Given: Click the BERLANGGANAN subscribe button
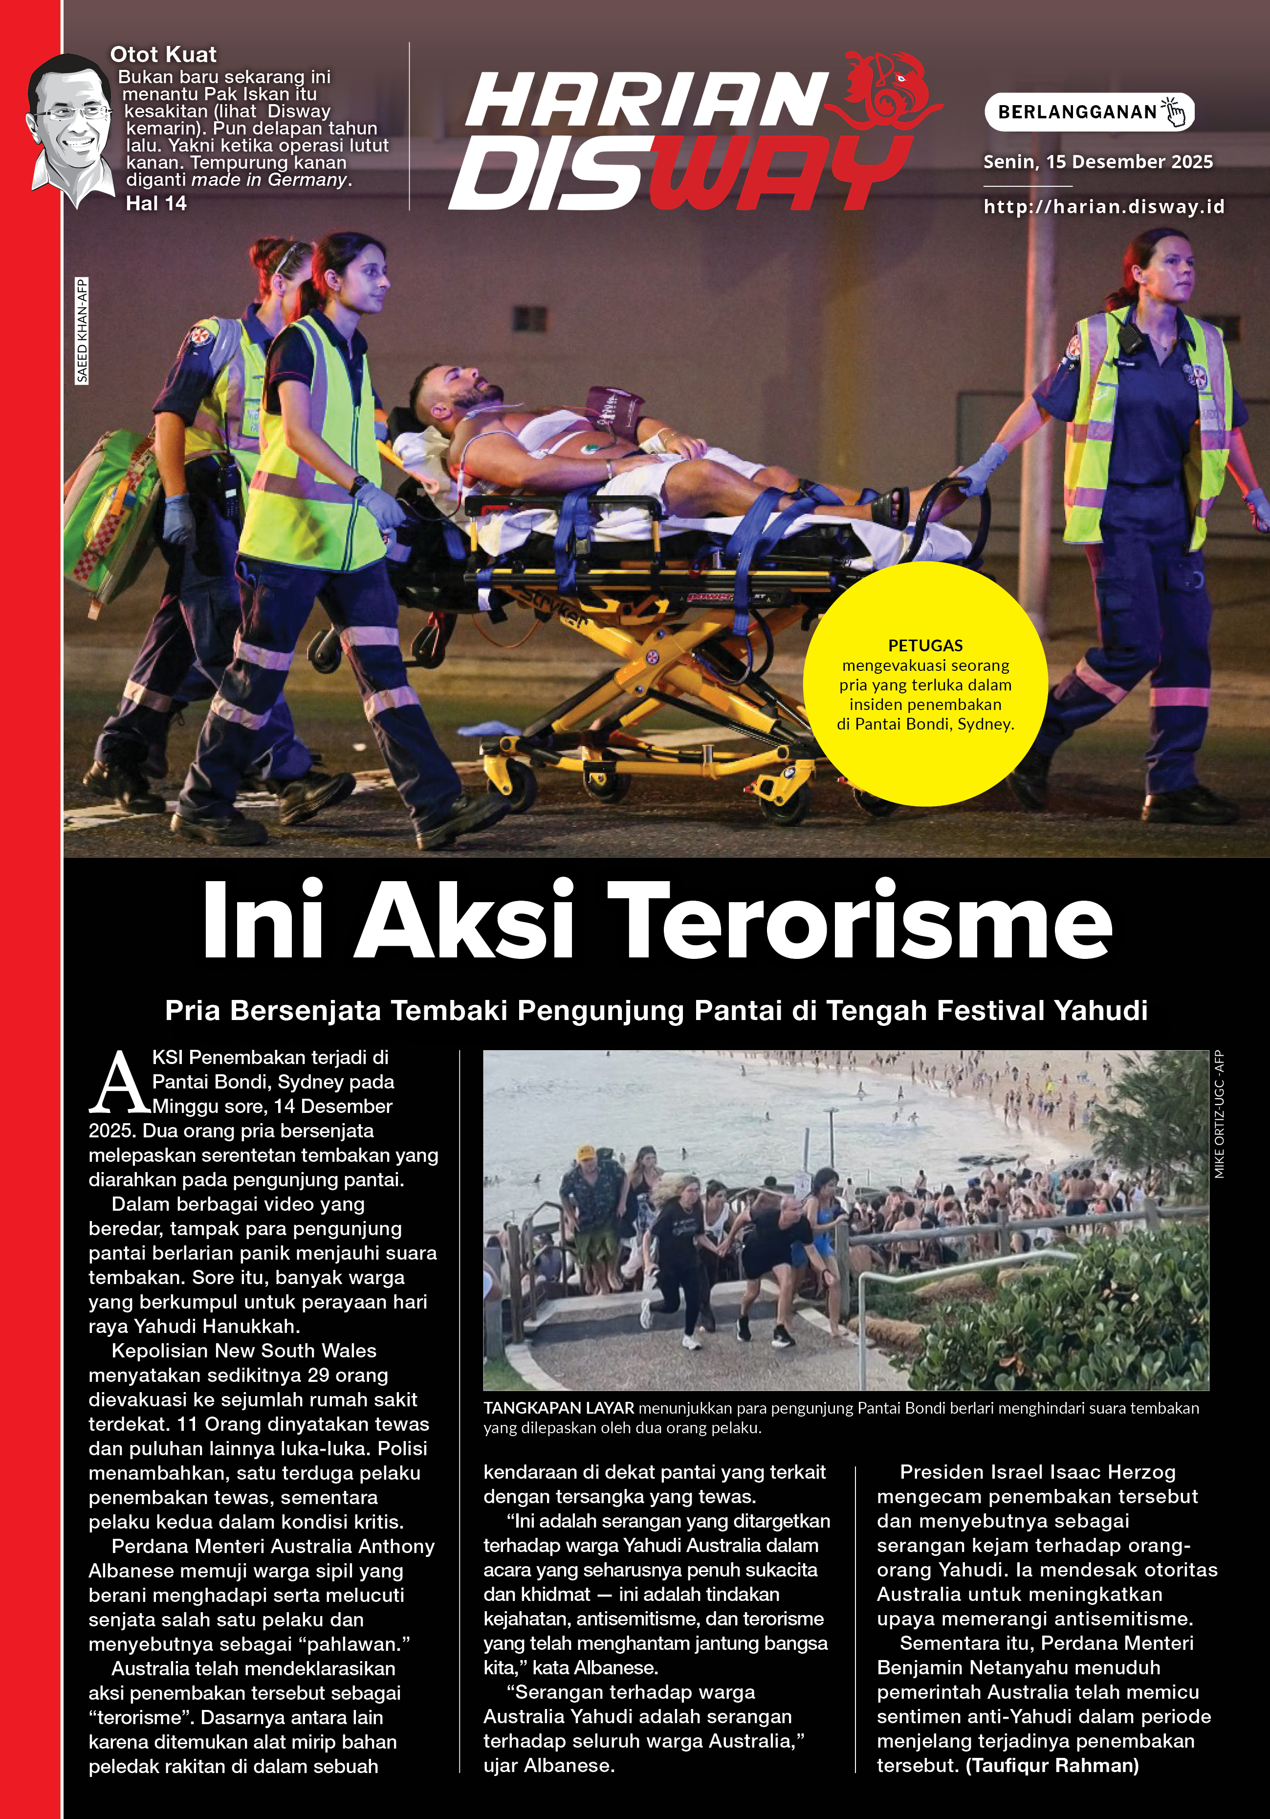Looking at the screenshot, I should click(x=1089, y=111).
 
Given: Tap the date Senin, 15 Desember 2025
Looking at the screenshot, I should click(x=1097, y=162).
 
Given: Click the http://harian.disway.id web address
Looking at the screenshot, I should click(x=1104, y=207).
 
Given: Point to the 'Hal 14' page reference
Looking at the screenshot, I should click(x=156, y=203).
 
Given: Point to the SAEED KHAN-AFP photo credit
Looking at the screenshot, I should click(x=82, y=331).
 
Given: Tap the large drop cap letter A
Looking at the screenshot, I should click(x=119, y=1083).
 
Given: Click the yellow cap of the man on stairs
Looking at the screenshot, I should click(x=586, y=1152).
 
